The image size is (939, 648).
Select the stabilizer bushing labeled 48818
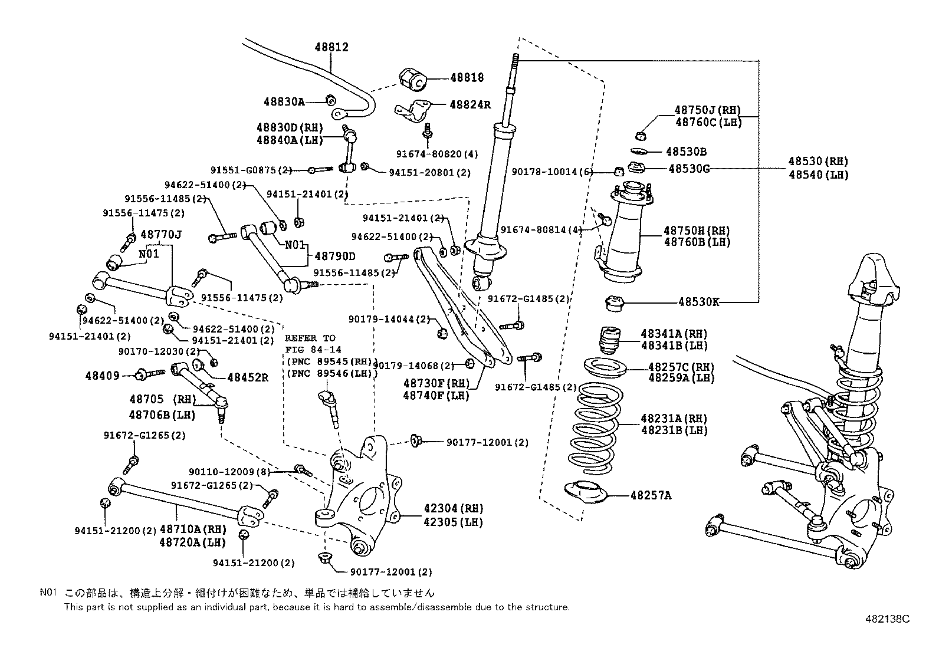(x=412, y=79)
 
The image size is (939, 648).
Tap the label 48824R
(x=470, y=105)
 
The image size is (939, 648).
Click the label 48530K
(x=699, y=302)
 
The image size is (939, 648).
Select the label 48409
(x=102, y=375)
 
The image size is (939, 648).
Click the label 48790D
(x=335, y=256)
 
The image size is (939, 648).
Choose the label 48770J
(x=160, y=235)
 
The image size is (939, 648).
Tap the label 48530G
(x=688, y=169)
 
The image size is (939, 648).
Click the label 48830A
(x=284, y=101)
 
